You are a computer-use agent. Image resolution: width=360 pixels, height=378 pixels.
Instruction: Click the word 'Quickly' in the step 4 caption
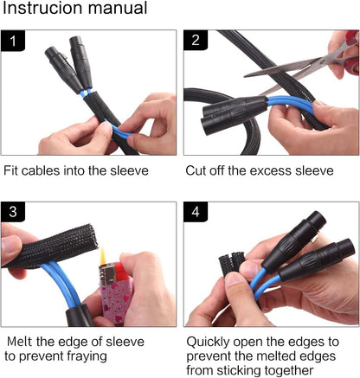click(210, 341)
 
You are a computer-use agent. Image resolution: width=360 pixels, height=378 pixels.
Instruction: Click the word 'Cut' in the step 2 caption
click(196, 170)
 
